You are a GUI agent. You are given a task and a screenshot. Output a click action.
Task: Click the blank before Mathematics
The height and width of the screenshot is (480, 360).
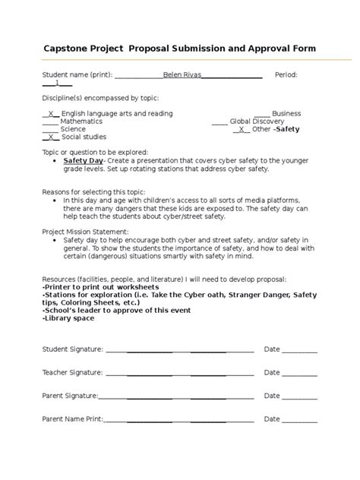50,121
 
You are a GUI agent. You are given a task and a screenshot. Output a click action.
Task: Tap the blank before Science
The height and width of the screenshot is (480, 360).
50,129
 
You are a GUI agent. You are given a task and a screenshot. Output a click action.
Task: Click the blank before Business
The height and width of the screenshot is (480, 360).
261,113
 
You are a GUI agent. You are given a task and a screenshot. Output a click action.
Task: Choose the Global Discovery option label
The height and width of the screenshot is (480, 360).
257,121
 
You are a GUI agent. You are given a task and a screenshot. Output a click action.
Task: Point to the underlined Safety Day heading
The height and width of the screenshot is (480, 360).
83,161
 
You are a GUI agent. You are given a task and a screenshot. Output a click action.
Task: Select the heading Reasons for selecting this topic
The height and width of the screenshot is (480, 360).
93,192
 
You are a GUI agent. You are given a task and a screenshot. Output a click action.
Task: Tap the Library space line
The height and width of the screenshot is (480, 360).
68,317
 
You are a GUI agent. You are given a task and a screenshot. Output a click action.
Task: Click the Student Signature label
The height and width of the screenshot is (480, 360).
71,349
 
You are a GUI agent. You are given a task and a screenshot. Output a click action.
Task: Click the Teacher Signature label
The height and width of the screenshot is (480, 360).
71,373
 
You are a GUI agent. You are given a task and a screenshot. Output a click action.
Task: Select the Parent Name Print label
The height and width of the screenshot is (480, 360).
72,419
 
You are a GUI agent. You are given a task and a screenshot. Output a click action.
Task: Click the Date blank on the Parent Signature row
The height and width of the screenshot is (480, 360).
300,396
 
